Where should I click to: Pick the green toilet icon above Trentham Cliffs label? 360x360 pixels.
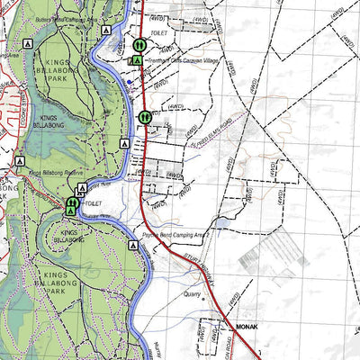(x=139, y=44)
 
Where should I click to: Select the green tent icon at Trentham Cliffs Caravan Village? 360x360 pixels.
(x=136, y=59)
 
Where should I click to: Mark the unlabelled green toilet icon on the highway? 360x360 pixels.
(x=144, y=116)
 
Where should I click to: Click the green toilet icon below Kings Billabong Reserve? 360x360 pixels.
(x=71, y=203)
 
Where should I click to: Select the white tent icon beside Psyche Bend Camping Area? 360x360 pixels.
(x=133, y=243)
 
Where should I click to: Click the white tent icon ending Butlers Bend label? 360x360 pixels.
(x=107, y=30)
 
